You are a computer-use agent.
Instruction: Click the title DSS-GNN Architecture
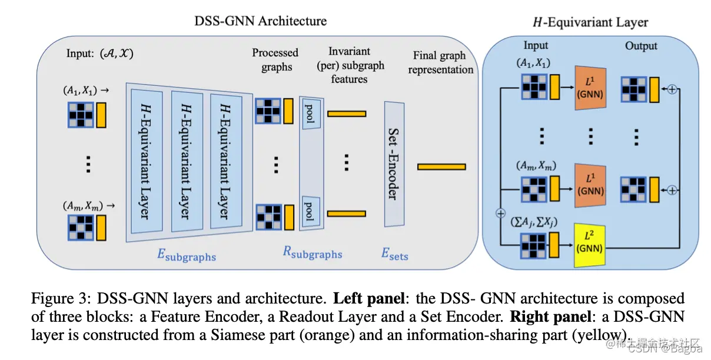(x=260, y=21)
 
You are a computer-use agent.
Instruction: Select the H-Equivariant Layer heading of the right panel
(x=590, y=22)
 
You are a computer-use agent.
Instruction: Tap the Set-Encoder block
(x=394, y=164)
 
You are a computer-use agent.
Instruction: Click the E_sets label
(x=395, y=254)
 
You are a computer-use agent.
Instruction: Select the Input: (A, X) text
(x=100, y=53)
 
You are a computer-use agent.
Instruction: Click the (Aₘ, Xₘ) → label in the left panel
(x=88, y=206)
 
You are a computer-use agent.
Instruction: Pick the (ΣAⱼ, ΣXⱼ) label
(x=534, y=222)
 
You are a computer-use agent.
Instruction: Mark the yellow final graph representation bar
(x=441, y=167)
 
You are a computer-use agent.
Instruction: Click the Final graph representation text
(x=440, y=62)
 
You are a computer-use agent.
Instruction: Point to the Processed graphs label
(x=275, y=59)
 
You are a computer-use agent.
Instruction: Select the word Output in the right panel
(x=642, y=46)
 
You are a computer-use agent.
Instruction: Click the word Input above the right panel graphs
(x=536, y=45)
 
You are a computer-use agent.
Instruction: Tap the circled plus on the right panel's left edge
(x=501, y=213)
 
